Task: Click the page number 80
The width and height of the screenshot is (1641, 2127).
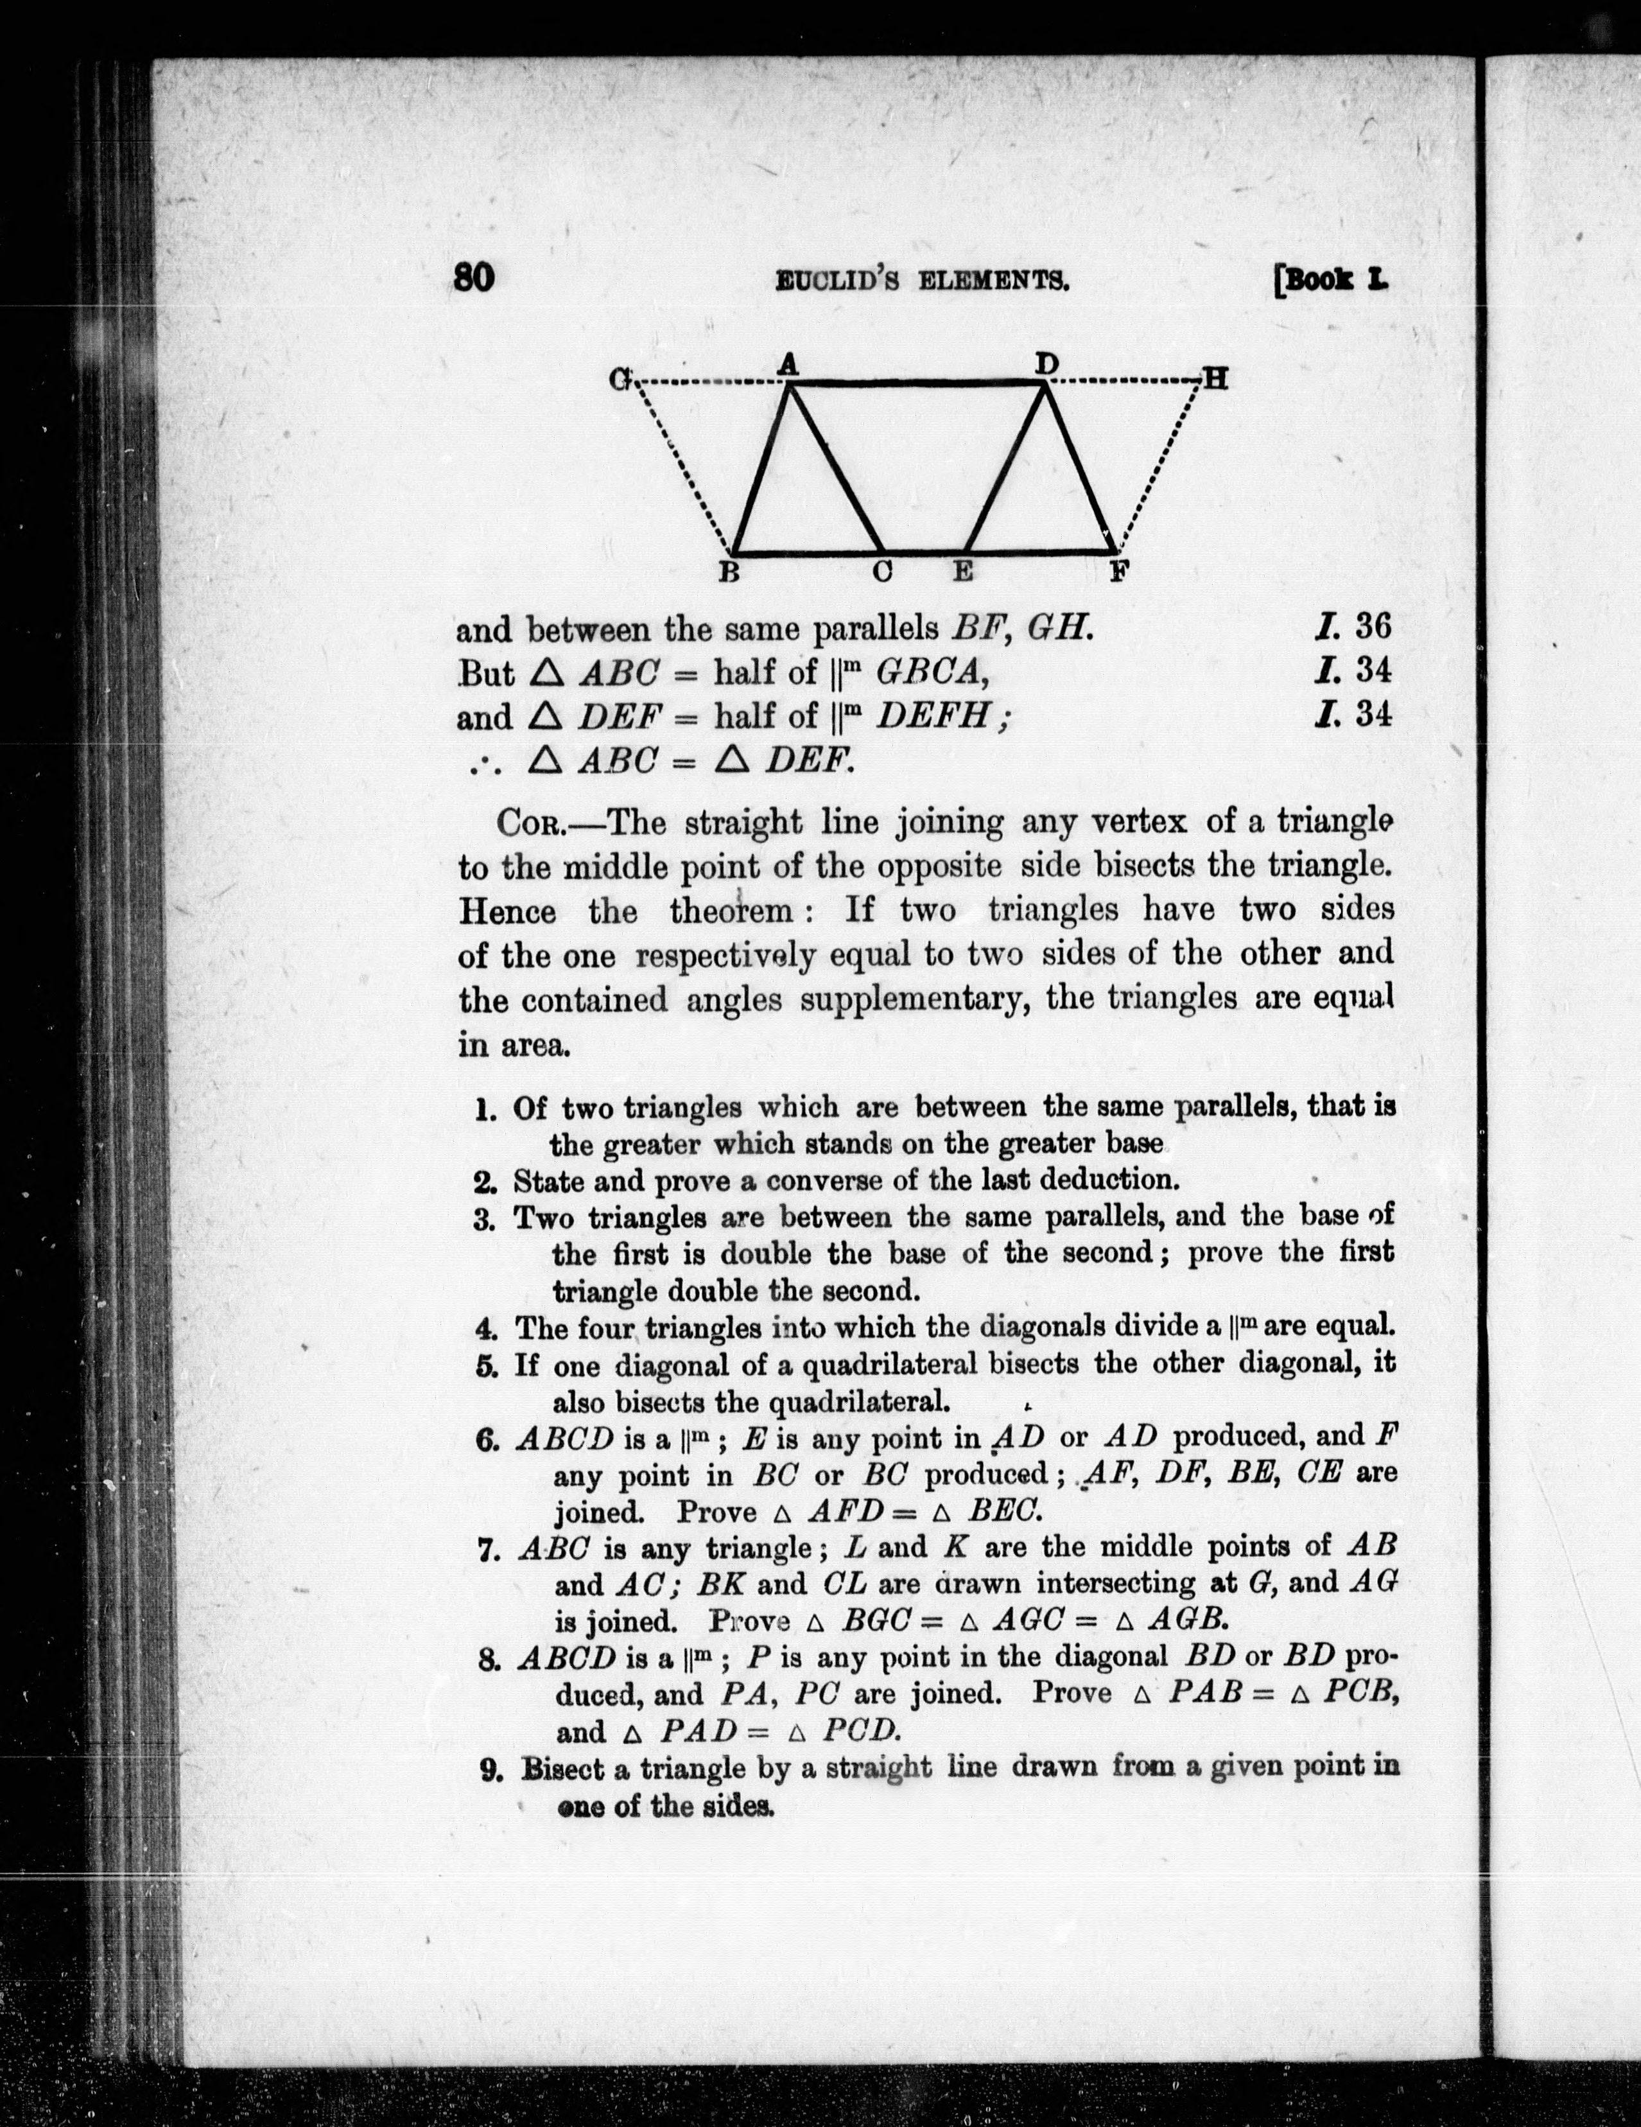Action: click(474, 279)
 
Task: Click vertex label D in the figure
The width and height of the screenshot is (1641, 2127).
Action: click(1046, 364)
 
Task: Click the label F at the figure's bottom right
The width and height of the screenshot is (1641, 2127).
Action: click(1119, 573)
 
